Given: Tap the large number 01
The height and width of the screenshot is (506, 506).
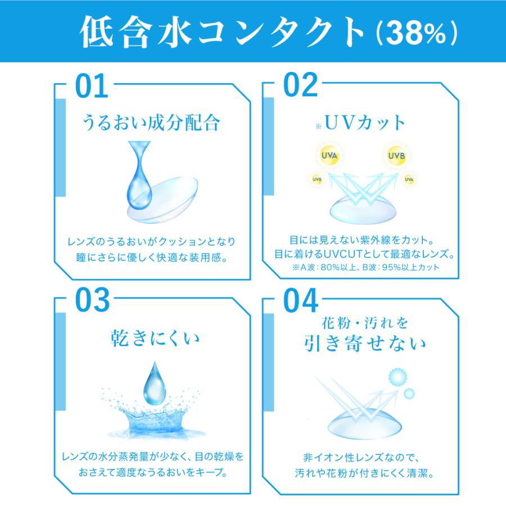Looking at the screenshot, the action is point(92,85).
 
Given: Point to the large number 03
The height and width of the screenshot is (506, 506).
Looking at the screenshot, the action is point(92,300).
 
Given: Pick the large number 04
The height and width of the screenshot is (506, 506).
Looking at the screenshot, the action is point(301,301).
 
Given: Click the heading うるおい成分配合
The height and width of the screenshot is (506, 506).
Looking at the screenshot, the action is point(151,123).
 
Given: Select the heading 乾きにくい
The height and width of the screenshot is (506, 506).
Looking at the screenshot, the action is point(155,338).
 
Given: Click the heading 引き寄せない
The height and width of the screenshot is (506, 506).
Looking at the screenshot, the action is point(365,343).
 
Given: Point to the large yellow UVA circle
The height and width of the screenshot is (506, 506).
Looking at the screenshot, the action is point(329,156).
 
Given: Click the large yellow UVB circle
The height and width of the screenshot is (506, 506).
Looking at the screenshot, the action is point(396,156).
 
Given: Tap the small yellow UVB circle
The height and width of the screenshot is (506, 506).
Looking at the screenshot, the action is point(317,179).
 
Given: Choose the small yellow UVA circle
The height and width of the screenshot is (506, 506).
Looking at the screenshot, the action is point(409,179).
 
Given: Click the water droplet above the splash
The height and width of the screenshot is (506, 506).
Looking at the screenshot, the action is point(155,383).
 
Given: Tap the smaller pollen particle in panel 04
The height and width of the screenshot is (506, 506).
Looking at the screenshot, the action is point(409,394).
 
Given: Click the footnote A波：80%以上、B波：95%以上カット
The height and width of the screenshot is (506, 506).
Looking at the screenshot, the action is point(365,268).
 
